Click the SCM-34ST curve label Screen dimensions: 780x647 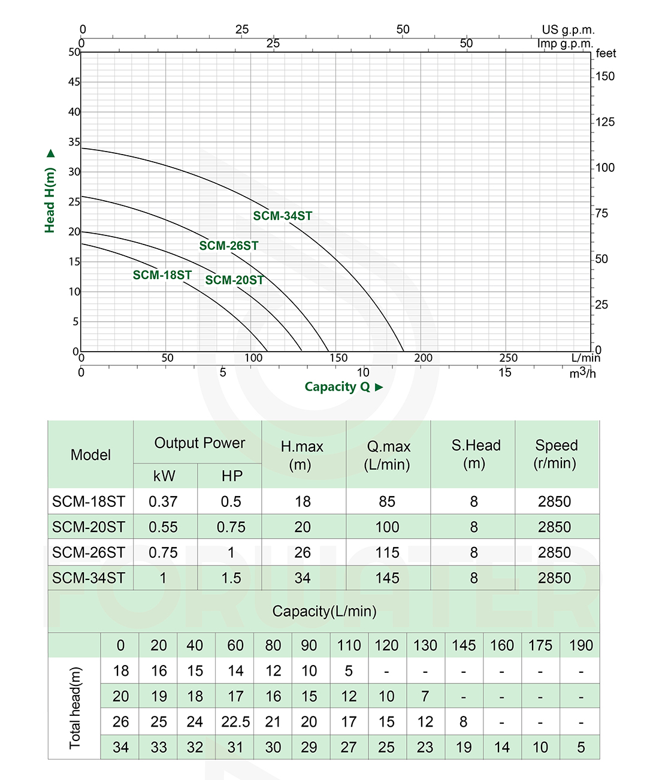[282, 216]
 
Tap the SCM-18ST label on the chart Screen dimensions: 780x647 [162, 275]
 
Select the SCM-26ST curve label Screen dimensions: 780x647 [229, 246]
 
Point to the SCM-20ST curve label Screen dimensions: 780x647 [234, 280]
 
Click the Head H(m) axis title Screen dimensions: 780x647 [50, 199]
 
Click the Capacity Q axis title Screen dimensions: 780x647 [338, 387]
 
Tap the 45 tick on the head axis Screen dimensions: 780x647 [74, 81]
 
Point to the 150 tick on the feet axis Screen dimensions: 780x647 [605, 76]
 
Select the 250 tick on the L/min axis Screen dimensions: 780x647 [508, 358]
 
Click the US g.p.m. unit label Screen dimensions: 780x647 [568, 29]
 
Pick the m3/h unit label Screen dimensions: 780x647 [582, 373]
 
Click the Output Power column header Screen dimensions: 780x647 [199, 443]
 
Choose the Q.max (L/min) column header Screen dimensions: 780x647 [388, 455]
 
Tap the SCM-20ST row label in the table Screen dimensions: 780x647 [89, 527]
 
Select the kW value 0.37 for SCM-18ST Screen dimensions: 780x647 [163, 501]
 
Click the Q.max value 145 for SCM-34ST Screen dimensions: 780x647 [388, 578]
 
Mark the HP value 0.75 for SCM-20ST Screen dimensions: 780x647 [231, 527]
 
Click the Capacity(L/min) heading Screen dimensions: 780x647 [324, 611]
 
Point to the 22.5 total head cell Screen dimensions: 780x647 [235, 722]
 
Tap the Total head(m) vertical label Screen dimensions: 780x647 [75, 708]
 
